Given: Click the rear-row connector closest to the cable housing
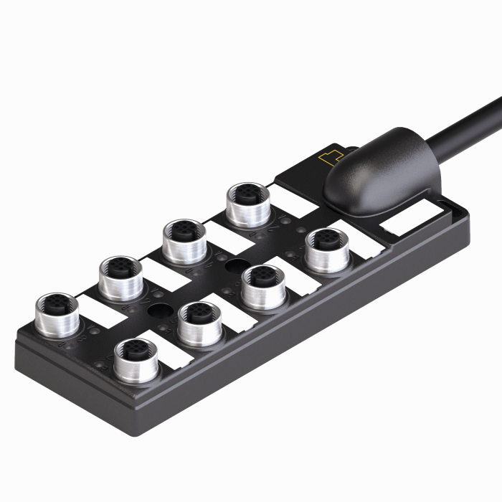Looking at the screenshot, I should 247,202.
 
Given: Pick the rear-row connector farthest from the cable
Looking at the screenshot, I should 56,313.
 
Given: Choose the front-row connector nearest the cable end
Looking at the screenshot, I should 326,249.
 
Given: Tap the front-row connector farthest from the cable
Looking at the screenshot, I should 135,359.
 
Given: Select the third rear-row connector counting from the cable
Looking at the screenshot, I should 120,276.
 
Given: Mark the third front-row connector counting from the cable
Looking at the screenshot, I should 199,322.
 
